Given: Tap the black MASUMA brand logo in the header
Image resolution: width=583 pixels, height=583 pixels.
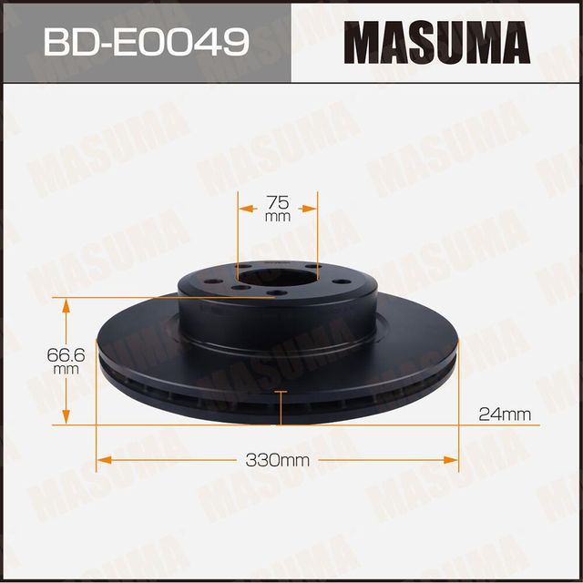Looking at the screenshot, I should [x=436, y=42].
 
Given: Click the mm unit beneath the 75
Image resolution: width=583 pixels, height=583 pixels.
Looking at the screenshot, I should [x=278, y=219].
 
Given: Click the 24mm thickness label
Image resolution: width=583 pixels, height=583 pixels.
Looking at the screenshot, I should [x=504, y=414].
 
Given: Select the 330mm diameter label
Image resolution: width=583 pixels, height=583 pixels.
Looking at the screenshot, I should [x=278, y=460].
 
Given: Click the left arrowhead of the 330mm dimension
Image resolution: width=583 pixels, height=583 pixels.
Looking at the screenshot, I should [x=103, y=460].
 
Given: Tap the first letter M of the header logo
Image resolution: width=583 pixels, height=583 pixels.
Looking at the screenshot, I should [x=362, y=42].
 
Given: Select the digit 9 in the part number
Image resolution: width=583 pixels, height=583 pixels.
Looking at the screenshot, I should [x=234, y=42].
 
